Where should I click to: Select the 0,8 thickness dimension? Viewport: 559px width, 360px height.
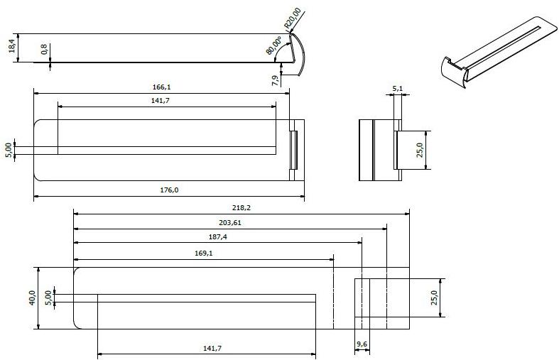click(44, 50)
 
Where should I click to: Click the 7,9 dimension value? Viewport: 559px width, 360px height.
click(275, 80)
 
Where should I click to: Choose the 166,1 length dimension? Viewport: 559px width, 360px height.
click(162, 87)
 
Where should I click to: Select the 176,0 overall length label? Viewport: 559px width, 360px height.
click(168, 190)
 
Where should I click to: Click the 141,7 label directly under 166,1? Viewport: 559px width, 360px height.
click(166, 101)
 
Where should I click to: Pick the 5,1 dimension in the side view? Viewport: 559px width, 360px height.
click(398, 89)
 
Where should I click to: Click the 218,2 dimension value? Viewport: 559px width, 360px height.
click(241, 207)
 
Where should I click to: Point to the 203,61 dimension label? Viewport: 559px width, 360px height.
click(230, 222)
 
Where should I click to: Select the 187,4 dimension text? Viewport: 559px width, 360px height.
click(217, 237)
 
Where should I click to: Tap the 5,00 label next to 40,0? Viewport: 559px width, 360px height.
click(48, 297)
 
